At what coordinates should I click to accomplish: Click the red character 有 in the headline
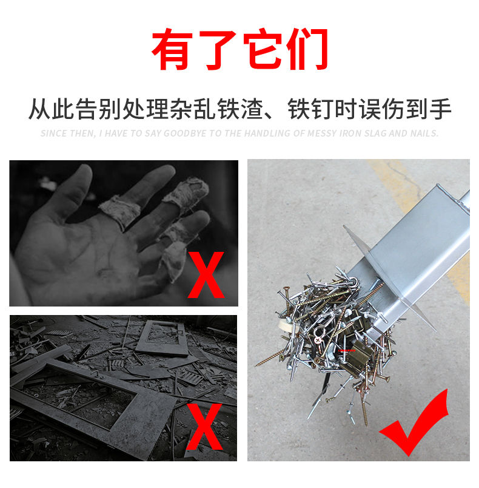click(172, 49)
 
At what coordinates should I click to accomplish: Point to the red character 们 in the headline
click(308, 49)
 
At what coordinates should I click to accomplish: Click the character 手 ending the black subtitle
click(440, 109)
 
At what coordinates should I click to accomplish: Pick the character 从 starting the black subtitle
click(40, 109)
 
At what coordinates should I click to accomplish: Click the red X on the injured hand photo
click(206, 275)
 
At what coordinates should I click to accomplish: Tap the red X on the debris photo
click(204, 427)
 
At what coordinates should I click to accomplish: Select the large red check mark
click(414, 422)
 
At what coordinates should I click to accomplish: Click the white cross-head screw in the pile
click(318, 340)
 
